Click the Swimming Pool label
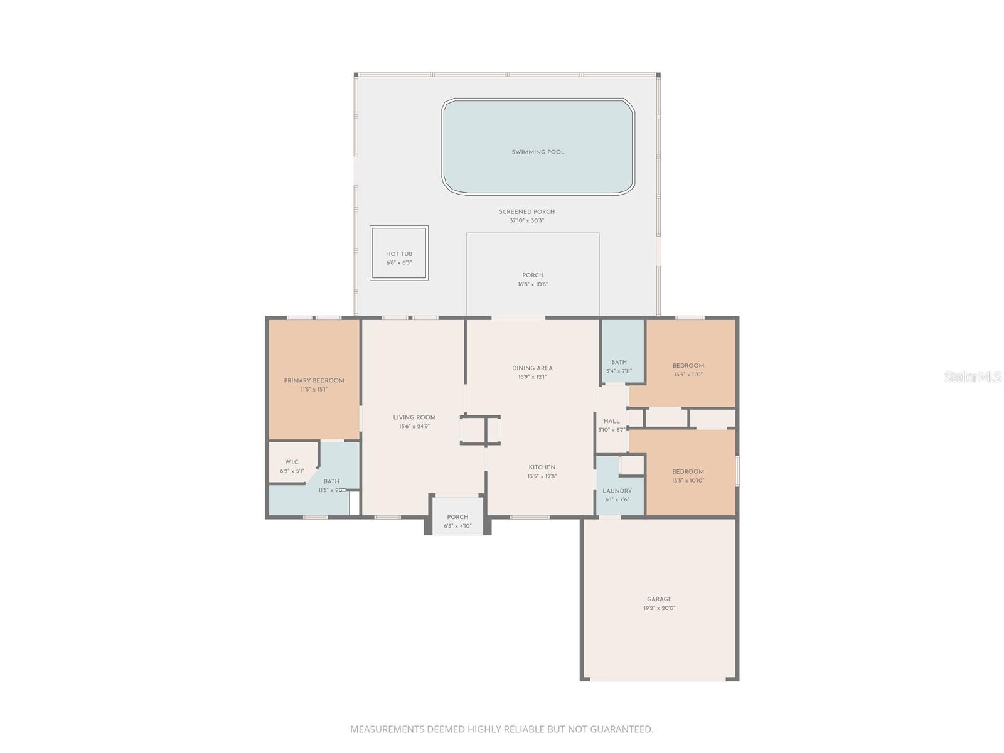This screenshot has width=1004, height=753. (538, 152)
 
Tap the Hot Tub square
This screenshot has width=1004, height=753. (399, 254)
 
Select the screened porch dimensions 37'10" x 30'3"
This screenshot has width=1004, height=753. (526, 221)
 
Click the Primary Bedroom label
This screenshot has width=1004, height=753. (314, 380)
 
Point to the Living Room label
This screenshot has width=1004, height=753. (414, 417)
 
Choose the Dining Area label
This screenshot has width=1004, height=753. (532, 368)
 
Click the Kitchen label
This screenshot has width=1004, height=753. (542, 467)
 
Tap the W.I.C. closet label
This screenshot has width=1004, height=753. (292, 462)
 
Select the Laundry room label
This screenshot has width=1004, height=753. (617, 491)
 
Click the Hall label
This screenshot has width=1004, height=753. (611, 421)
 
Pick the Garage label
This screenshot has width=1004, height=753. (659, 599)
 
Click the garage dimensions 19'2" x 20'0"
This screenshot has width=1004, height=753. (659, 608)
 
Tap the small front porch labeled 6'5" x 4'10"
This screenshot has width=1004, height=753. (457, 521)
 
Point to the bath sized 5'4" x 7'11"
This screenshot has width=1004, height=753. (619, 366)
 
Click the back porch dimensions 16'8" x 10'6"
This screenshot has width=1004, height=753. (533, 284)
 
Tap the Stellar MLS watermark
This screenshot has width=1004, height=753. (972, 377)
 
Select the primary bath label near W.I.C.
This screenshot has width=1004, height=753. (331, 481)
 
